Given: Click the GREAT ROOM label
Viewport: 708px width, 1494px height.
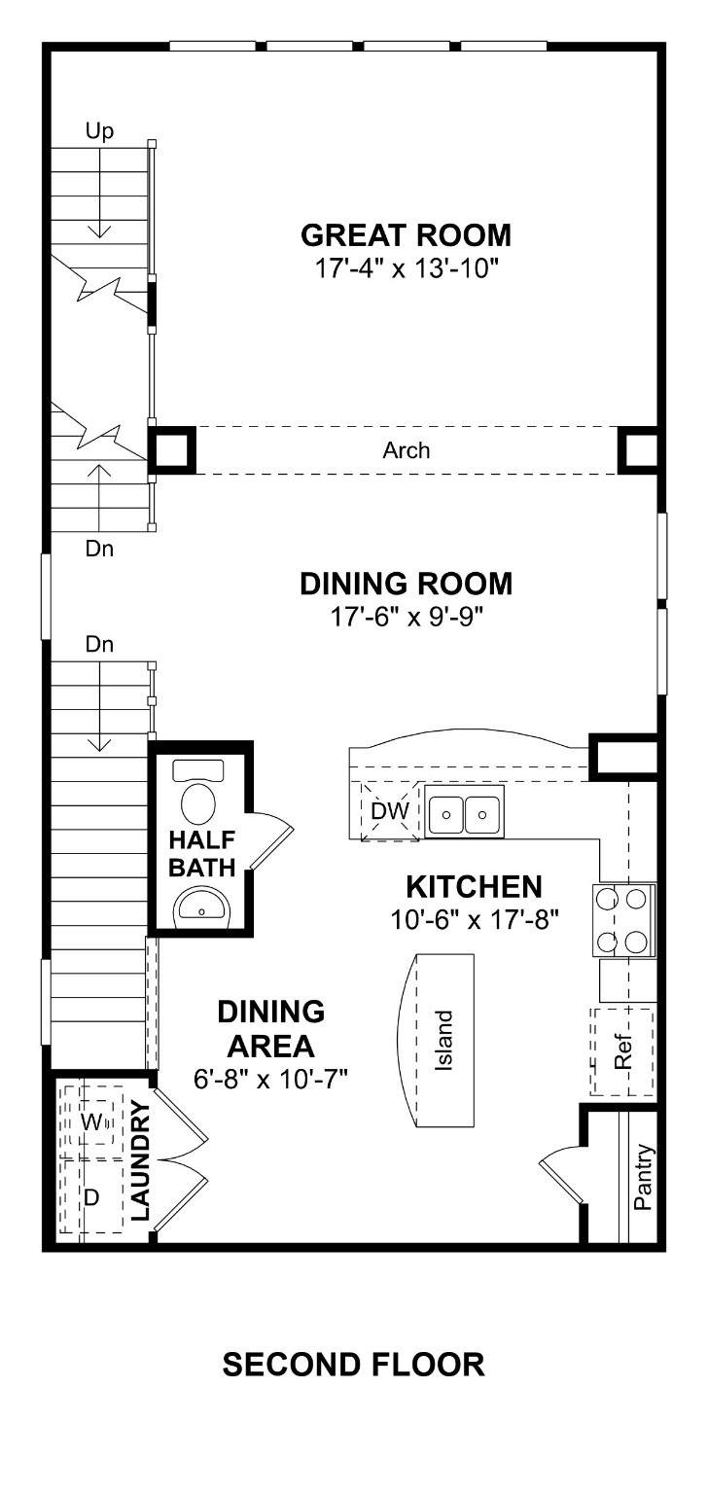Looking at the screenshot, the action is click(x=406, y=235).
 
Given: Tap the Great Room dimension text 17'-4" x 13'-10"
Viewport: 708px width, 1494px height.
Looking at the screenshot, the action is click(x=407, y=269).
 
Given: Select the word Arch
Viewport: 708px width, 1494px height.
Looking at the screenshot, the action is click(x=406, y=451).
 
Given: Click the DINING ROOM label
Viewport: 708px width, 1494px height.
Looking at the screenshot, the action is click(x=406, y=584).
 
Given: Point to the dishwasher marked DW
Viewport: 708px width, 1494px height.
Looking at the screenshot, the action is click(x=390, y=811).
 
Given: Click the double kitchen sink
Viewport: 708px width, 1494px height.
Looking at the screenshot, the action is click(x=465, y=812).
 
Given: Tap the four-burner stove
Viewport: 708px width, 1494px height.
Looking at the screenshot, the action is click(x=623, y=920).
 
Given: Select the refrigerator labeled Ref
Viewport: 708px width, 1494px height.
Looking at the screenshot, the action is click(x=622, y=1051).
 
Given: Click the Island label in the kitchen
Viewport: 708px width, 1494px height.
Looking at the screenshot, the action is click(x=443, y=1041).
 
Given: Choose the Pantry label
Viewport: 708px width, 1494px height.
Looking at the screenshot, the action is click(x=644, y=1177).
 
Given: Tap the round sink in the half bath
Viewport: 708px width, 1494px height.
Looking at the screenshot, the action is click(x=200, y=907).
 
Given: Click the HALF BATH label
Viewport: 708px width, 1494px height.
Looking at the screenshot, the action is click(x=202, y=853).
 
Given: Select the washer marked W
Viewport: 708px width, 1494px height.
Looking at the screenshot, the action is click(x=90, y=1121).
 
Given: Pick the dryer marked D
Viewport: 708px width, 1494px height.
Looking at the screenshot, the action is click(x=92, y=1196).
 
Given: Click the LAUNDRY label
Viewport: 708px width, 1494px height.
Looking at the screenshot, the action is click(x=140, y=1160).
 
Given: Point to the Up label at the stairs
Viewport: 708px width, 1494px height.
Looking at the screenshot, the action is click(x=99, y=131).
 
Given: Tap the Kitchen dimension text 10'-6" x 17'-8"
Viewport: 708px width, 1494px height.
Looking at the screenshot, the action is click(x=474, y=920).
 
